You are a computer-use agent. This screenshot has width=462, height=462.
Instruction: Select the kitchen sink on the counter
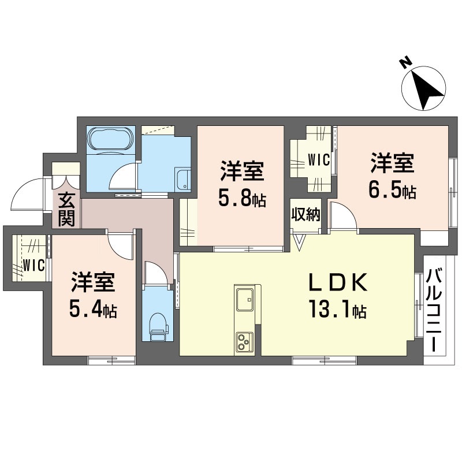coord(245,299)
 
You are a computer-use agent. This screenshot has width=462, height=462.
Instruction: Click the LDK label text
coord(338,282)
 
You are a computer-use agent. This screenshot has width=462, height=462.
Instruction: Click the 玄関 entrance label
coord(66,209)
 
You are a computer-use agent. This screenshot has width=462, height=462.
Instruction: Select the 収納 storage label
coord(306,214)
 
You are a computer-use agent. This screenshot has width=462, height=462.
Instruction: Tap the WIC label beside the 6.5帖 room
coord(319,160)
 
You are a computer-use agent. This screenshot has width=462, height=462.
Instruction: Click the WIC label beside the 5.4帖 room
coord(34,265)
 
